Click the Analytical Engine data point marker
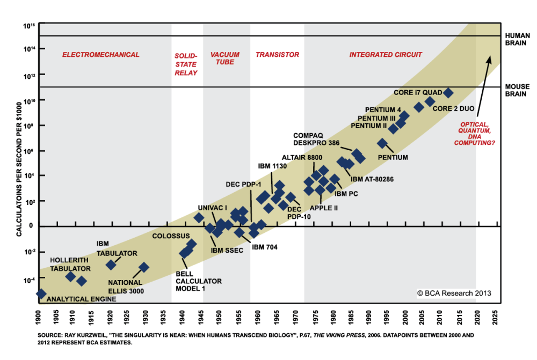41,293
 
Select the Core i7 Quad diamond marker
447,93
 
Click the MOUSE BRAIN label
518,90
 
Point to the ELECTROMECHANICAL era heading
100,55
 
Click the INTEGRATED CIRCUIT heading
386,55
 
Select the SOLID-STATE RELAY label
186,64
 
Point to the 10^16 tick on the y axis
28,25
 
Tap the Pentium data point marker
382,143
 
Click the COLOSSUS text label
171,236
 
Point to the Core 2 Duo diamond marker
430,101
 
